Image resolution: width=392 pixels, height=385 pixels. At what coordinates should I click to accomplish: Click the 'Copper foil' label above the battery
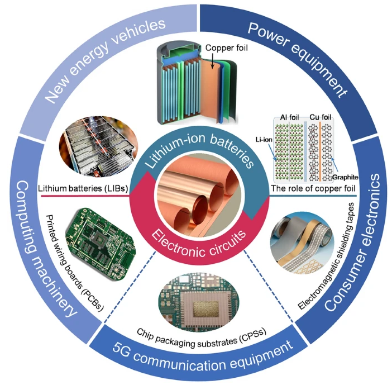[x=227, y=47]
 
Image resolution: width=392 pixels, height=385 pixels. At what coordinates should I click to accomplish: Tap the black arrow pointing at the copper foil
[x=212, y=60]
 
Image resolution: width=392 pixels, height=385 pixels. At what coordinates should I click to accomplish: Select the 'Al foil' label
[x=289, y=117]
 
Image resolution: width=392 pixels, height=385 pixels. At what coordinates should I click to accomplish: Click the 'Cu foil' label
[x=321, y=117]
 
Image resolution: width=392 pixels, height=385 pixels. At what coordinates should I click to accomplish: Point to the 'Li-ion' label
[x=264, y=140]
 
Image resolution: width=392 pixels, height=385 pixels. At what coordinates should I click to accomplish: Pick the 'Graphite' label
[x=345, y=177]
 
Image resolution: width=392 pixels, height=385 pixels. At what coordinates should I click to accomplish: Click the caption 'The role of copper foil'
[x=313, y=188]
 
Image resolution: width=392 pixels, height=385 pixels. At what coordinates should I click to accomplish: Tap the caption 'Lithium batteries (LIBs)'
[x=83, y=188]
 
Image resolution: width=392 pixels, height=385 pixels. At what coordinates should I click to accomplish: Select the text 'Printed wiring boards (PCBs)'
[x=74, y=263]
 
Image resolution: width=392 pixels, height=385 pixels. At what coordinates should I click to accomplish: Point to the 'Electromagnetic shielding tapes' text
[x=326, y=256]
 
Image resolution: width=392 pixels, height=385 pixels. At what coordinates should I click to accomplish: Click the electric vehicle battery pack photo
[x=98, y=145]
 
